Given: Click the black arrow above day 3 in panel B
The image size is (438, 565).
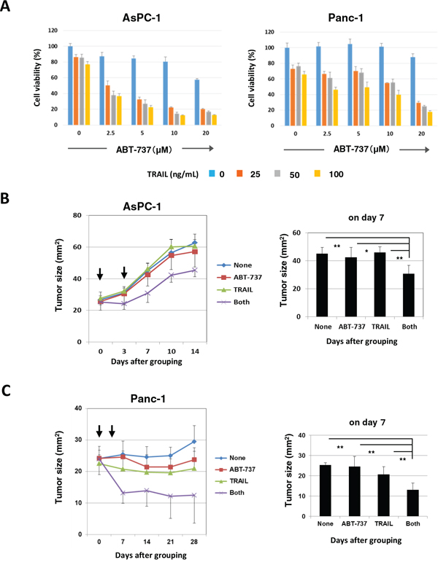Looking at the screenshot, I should tap(125, 273).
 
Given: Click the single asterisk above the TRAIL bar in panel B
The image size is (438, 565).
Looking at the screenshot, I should tap(366, 252).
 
